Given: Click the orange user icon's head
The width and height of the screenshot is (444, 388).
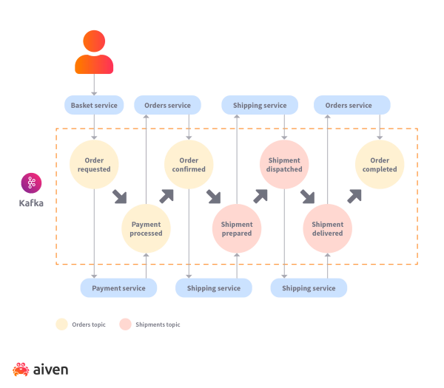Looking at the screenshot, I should coord(94,40).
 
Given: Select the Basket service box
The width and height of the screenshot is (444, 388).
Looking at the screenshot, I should coord(94,106).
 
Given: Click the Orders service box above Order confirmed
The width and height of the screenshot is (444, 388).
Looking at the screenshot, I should coord(168,106).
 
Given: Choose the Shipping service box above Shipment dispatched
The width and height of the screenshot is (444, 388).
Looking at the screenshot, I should coord(259,106).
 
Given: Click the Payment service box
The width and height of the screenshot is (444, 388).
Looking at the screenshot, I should coord(118,288).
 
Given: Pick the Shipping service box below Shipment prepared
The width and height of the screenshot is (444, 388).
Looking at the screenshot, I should coord(214,288).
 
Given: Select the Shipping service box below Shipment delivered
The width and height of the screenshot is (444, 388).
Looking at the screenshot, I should coord(309,288).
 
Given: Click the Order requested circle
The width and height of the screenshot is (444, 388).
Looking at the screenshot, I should coord(94,164).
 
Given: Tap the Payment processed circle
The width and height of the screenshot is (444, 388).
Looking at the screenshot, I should coord(146,228).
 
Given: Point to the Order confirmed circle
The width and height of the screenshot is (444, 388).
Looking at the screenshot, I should coord(189,164).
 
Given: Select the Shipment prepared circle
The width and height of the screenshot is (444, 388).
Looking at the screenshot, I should coord(237,228).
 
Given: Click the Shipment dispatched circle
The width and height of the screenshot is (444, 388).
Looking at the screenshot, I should coord(284,164).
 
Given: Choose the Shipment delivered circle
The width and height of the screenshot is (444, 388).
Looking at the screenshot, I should coord(328,228).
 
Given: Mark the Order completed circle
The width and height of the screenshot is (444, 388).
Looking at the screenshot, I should coord(380,164).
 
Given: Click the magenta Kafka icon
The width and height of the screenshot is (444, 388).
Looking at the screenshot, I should coord(32,183).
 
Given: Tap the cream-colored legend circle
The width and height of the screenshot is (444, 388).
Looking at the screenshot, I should coord(61,324).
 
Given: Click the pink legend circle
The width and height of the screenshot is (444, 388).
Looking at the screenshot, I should coord(125,324).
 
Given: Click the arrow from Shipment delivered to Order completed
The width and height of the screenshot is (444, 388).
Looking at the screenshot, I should coord(355,195).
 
